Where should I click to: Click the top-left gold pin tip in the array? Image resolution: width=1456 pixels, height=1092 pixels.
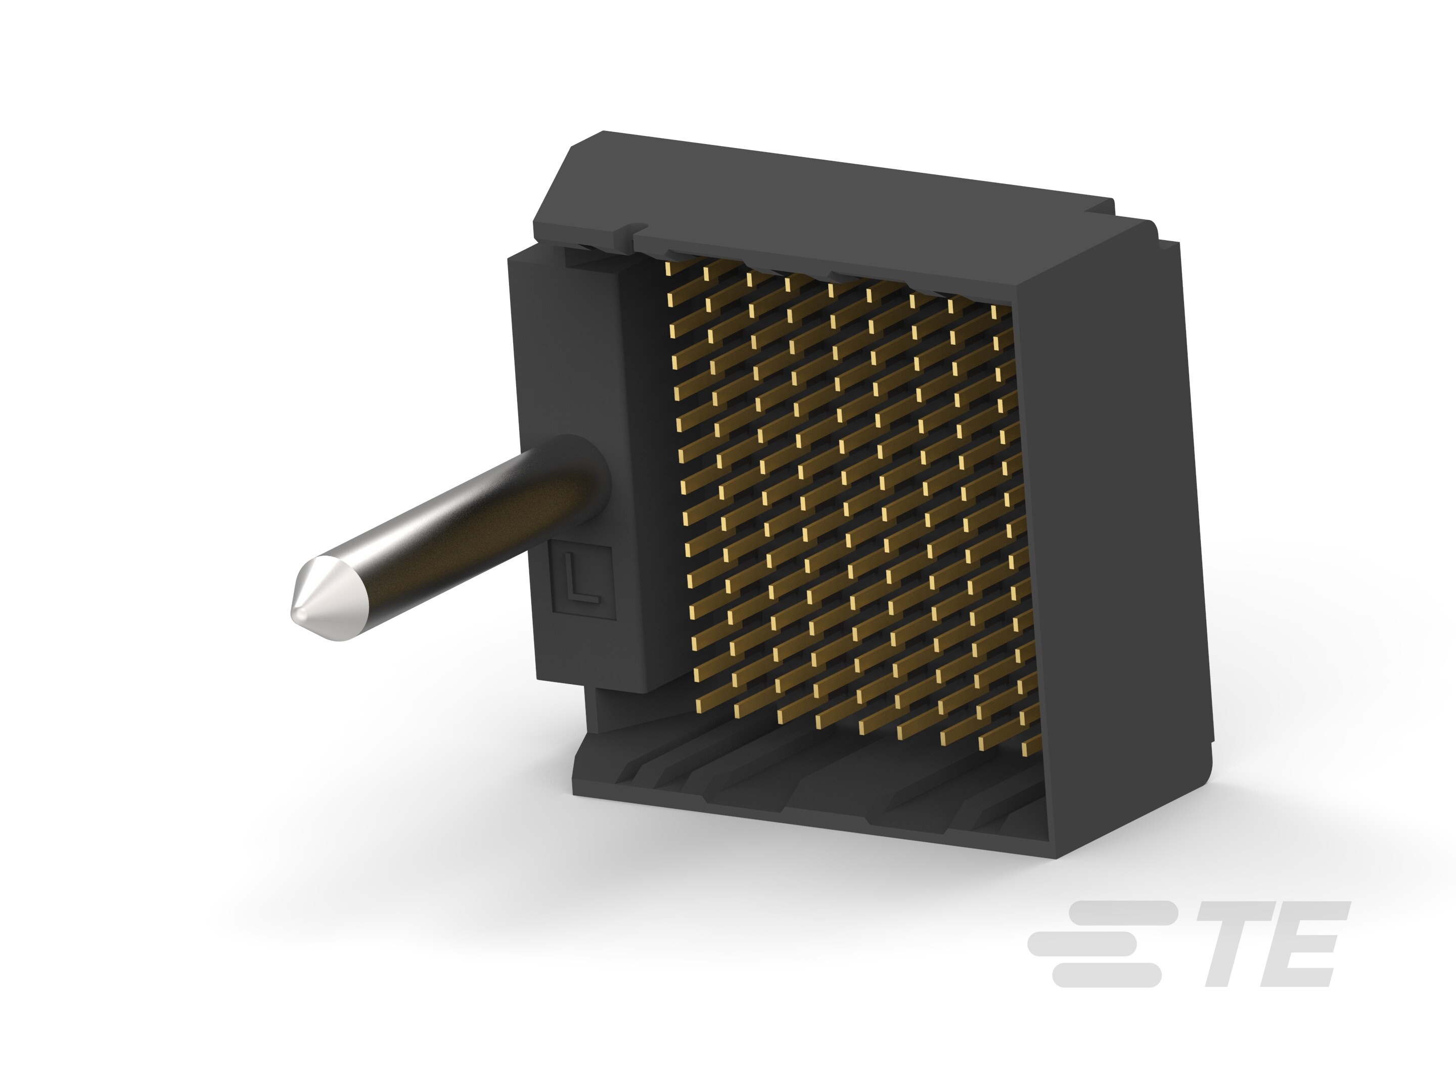[669, 270]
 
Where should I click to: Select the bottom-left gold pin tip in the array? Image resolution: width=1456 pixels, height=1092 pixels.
[699, 706]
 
